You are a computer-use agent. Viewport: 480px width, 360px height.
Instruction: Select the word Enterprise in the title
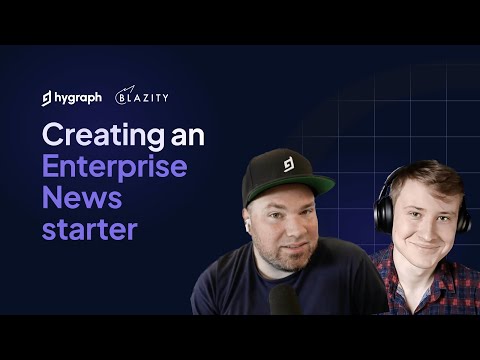[x=114, y=166]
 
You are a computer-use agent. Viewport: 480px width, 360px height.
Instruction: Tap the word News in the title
[x=74, y=197]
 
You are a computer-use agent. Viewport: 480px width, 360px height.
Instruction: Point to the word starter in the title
[x=89, y=228]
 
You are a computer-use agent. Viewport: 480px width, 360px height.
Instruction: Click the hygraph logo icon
[x=47, y=97]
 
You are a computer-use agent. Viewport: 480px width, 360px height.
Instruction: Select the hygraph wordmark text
[x=78, y=97]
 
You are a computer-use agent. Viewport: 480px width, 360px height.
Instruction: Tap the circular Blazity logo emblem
[x=123, y=96]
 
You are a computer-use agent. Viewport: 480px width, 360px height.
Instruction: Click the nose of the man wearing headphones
[x=424, y=224]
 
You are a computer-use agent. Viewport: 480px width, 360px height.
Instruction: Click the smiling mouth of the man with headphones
[x=425, y=242]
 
